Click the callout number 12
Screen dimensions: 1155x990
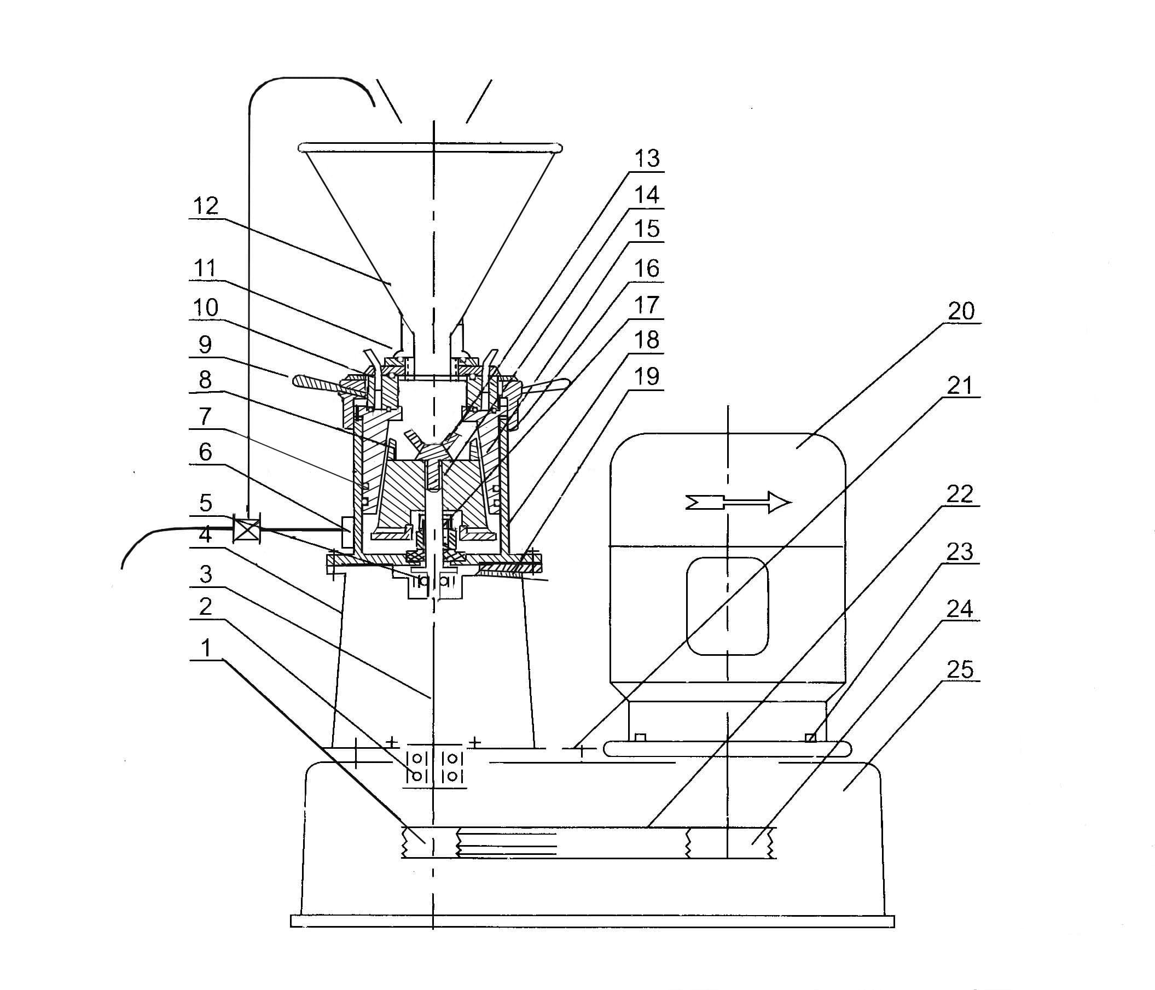205,206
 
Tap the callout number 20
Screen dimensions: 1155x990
961,311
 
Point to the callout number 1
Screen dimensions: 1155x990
206,648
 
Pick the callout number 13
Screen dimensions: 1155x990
647,158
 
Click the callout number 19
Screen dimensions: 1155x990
647,377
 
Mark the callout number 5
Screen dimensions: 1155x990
206,503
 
